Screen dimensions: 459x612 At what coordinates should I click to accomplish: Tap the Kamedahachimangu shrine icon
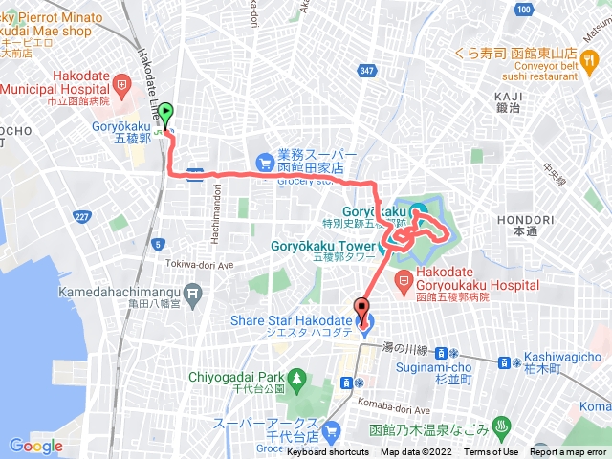[x=194, y=292]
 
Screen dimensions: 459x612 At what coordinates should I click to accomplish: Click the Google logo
[x=35, y=446]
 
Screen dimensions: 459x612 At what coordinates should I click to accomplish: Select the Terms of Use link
[x=492, y=452]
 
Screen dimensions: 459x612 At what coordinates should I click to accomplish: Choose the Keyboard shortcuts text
[x=328, y=452]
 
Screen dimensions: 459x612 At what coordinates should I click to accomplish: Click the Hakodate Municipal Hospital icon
[x=121, y=81]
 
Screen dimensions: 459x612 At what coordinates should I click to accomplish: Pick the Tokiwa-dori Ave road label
[x=200, y=265]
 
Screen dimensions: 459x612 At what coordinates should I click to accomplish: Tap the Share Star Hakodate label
[x=301, y=320]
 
